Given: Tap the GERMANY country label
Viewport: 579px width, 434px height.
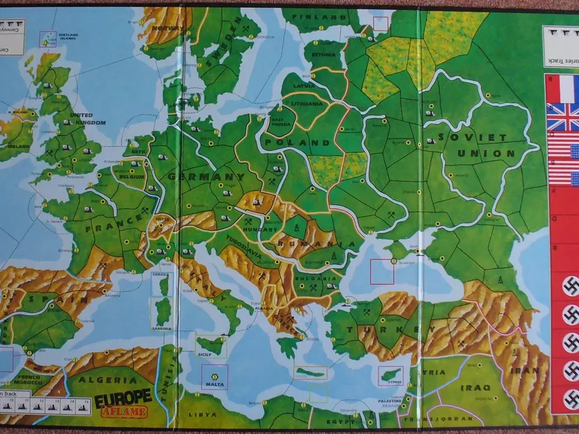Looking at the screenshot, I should tap(206, 177).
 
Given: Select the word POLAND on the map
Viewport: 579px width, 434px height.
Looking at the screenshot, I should tap(297, 143).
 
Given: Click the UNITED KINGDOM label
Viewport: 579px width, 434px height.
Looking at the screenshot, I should tap(87, 119).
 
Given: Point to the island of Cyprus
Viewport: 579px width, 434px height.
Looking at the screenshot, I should tap(389, 375).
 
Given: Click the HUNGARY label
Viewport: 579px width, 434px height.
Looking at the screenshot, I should tap(256, 230).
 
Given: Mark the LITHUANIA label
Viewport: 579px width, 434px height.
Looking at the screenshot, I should tap(307, 104).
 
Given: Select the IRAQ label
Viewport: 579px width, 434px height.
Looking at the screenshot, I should tap(475, 387).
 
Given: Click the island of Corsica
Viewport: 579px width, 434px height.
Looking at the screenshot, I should tap(161, 284).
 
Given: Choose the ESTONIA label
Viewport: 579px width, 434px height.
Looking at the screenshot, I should tap(323, 55).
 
